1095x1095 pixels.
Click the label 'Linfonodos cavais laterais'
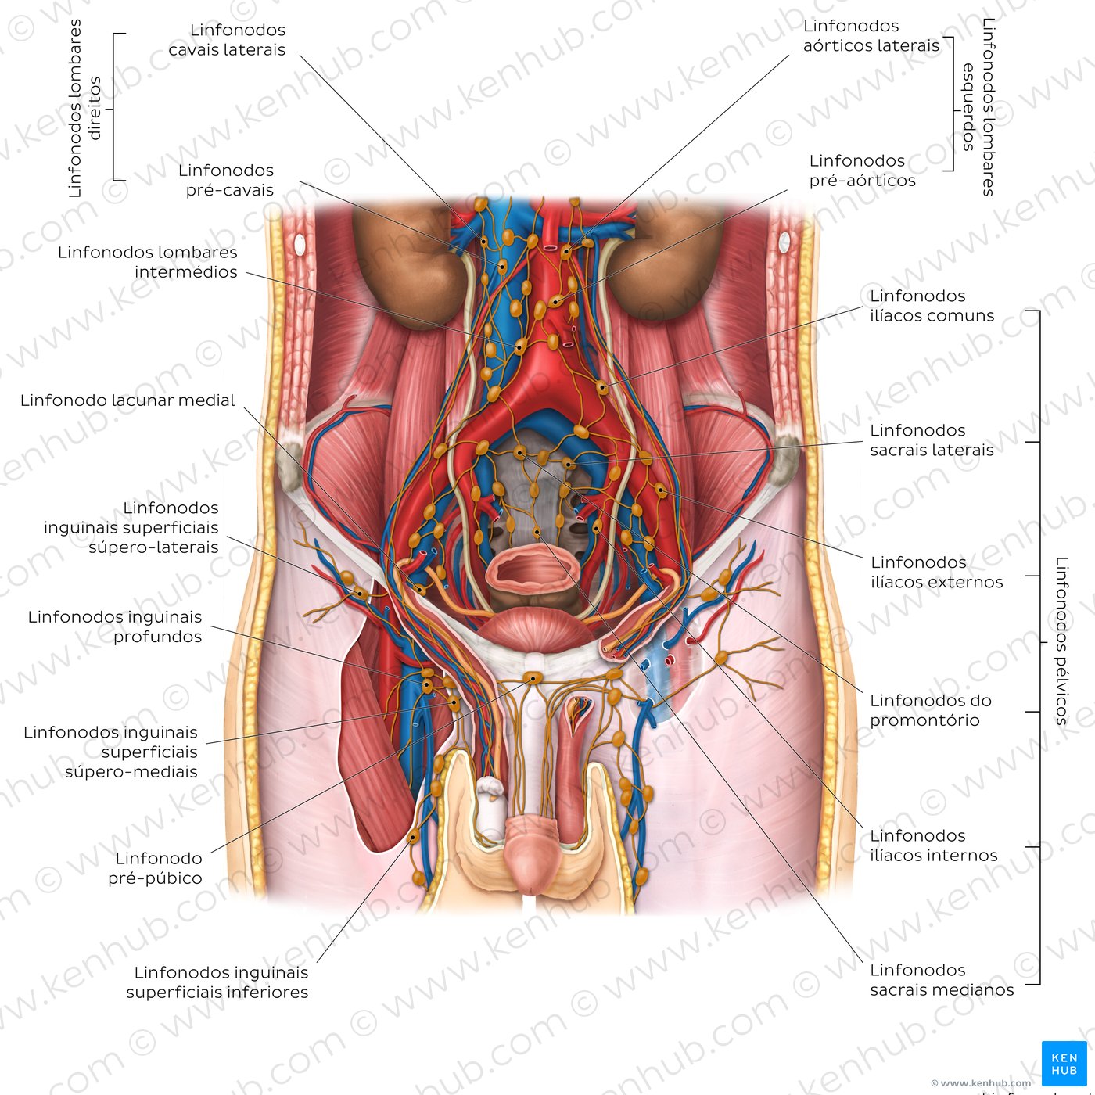227,40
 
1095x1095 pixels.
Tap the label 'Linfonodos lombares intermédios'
148,262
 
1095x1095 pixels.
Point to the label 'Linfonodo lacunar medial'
127,400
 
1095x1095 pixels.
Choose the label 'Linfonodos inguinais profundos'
115,626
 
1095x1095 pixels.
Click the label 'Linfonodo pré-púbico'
155,868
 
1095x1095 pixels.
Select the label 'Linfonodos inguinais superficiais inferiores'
217,982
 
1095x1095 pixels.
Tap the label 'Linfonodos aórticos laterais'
871,36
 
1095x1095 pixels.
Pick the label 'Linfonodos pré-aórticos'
863,171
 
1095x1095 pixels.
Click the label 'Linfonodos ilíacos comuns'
932,306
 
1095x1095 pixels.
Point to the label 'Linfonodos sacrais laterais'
932,440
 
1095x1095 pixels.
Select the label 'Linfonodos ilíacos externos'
937,573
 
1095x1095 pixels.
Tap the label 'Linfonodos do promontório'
931,710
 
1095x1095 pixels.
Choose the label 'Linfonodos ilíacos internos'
934,845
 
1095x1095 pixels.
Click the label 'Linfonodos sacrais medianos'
942,980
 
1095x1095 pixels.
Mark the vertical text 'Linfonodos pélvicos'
1061,641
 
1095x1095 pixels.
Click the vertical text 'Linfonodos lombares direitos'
84,108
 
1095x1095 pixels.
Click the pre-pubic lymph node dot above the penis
533,677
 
